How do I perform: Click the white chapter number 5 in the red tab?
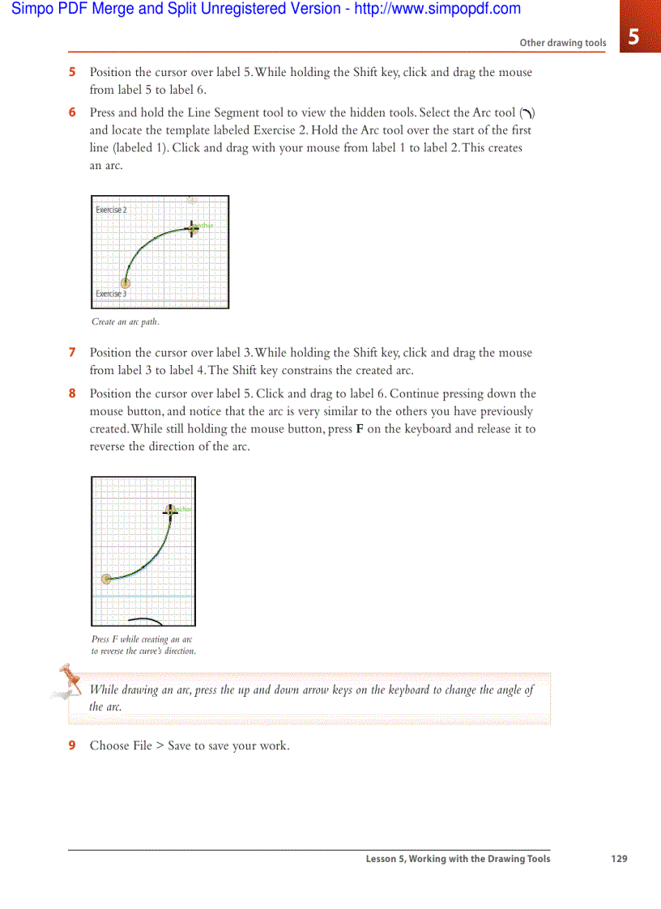(633, 36)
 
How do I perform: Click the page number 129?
(619, 859)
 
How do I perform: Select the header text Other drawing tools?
(562, 43)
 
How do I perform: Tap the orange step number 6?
(72, 113)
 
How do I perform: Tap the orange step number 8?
(72, 394)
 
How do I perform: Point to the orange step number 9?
(72, 745)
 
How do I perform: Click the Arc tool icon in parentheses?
(527, 113)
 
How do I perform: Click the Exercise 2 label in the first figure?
(111, 210)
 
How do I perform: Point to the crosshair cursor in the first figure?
(192, 228)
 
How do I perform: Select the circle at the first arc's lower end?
(126, 282)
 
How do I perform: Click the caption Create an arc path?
(126, 322)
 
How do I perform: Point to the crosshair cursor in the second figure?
(170, 510)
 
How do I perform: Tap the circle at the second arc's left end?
(106, 579)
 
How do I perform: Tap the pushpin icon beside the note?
(68, 680)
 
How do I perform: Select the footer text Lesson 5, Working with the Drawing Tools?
(458, 859)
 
